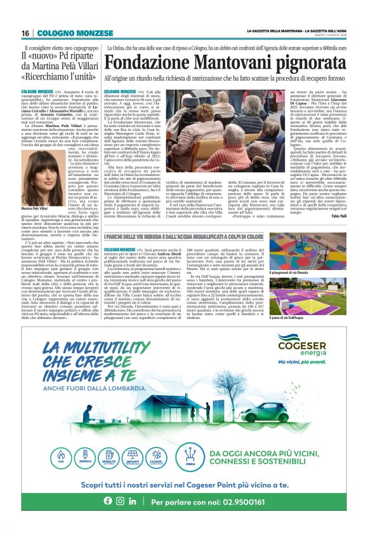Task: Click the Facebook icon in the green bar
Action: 108,518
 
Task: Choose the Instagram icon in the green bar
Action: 120,518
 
